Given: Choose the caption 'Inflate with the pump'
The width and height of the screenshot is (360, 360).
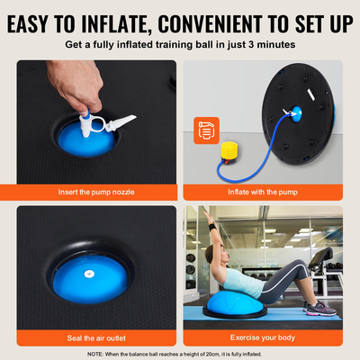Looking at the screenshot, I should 263,191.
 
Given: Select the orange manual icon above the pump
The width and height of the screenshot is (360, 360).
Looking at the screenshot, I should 205,131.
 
